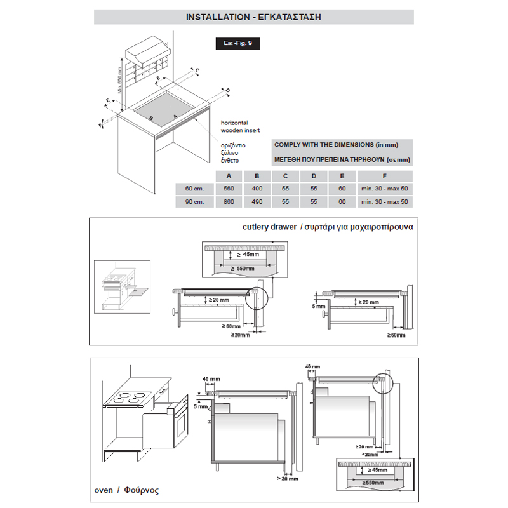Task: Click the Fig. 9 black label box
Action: click(x=237, y=44)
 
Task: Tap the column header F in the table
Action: click(x=384, y=177)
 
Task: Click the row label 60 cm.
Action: click(x=193, y=189)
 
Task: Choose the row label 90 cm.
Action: click(x=193, y=201)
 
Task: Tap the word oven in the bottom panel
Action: click(x=104, y=490)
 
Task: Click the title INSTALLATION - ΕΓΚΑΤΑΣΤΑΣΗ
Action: click(x=253, y=17)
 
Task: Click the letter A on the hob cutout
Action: click(x=175, y=116)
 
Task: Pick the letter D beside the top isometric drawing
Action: click(x=227, y=91)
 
